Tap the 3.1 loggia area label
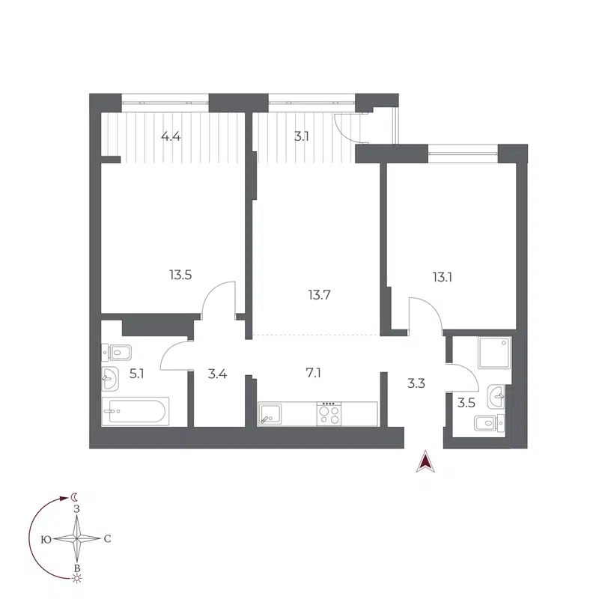pyautogui.click(x=301, y=137)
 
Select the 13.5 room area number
pyautogui.click(x=180, y=275)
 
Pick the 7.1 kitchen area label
pyautogui.click(x=314, y=372)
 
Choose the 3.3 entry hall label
pyautogui.click(x=416, y=383)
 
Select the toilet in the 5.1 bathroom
pyautogui.click(x=117, y=350)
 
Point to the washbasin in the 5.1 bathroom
pyautogui.click(x=110, y=380)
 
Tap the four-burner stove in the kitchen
pyautogui.click(x=329, y=414)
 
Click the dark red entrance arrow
pyautogui.click(x=425, y=463)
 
